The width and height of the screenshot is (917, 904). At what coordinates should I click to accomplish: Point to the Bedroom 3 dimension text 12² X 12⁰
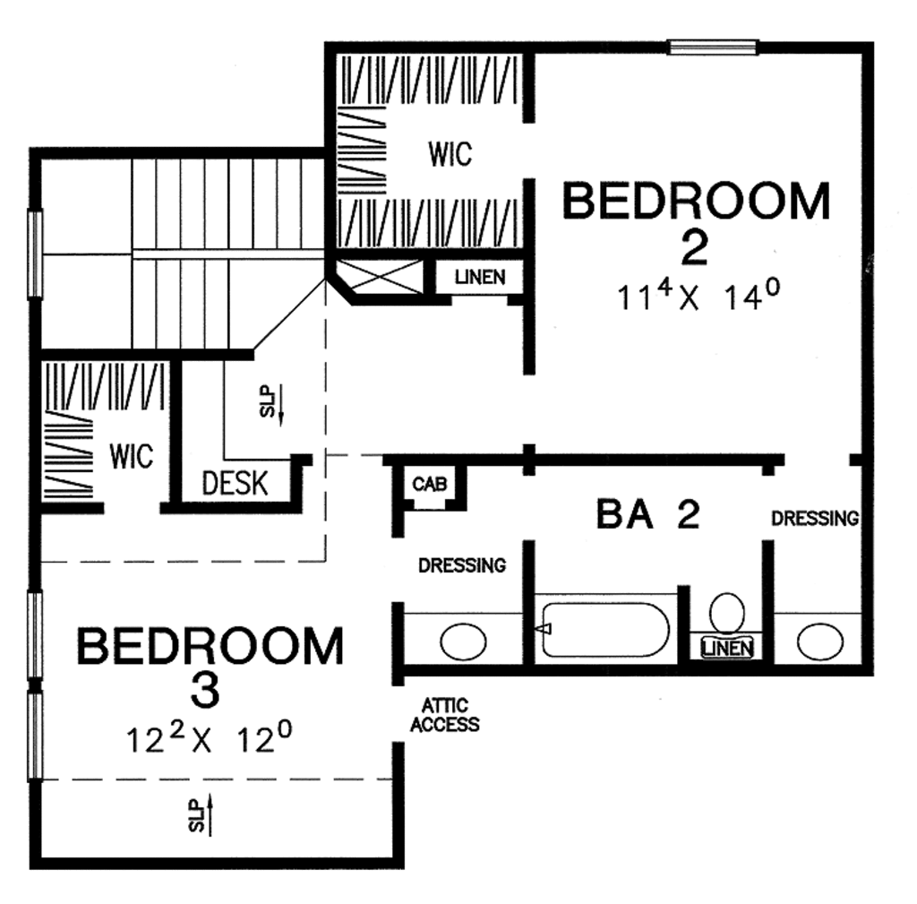tap(210, 740)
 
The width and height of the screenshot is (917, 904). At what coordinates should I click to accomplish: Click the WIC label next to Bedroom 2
tap(450, 155)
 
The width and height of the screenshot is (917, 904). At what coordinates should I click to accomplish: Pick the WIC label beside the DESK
tap(132, 455)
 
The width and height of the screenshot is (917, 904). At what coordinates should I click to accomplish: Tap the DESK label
tap(235, 484)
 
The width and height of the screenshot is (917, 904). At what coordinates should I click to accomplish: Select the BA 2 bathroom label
tap(647, 515)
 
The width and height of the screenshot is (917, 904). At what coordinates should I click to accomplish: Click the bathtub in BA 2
tap(606, 630)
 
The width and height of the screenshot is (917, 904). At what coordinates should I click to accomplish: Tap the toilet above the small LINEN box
tap(727, 613)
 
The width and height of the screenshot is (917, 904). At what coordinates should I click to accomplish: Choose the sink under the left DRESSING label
tap(463, 641)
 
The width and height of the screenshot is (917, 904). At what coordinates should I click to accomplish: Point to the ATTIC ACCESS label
tap(445, 716)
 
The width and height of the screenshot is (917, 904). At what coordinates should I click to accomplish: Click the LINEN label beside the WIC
tap(479, 278)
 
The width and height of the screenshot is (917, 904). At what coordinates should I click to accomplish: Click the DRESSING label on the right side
tap(815, 518)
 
